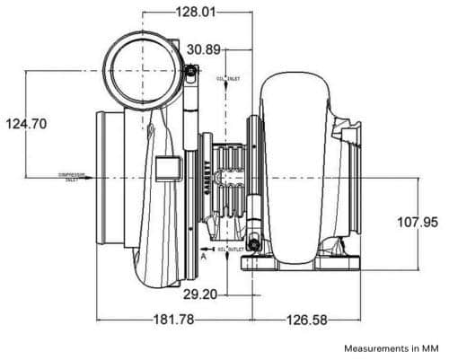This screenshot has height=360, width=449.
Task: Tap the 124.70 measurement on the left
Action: coord(27,124)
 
